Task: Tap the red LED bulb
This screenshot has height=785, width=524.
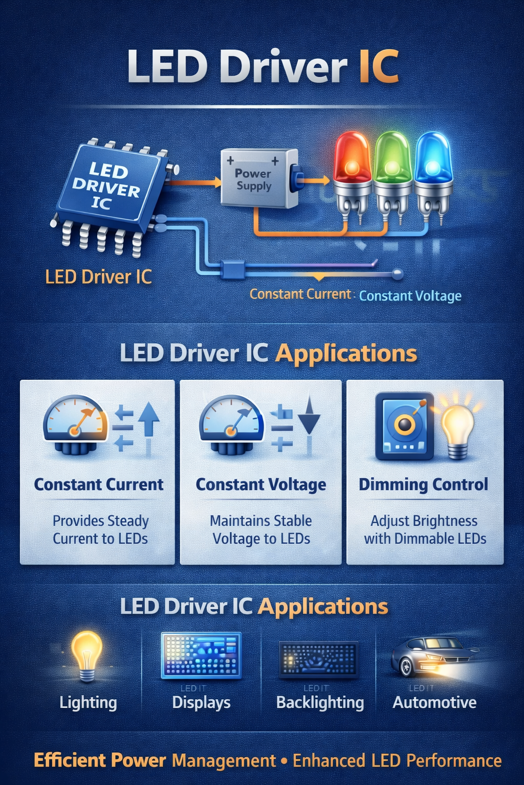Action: click(x=353, y=158)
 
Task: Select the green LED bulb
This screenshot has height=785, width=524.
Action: click(x=392, y=158)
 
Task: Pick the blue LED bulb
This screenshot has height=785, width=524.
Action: click(x=433, y=158)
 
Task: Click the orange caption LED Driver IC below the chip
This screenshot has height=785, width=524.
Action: click(x=98, y=277)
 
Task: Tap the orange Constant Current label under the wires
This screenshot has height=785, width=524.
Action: click(x=300, y=294)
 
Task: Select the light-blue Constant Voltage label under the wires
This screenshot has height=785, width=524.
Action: click(x=410, y=296)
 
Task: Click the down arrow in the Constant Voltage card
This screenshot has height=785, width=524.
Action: click(x=309, y=417)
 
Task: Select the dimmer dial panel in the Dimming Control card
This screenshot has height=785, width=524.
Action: click(x=404, y=426)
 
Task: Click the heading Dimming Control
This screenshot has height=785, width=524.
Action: click(x=423, y=484)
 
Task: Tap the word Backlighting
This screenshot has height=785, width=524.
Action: click(x=320, y=703)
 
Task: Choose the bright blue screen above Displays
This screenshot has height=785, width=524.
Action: click(x=201, y=656)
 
